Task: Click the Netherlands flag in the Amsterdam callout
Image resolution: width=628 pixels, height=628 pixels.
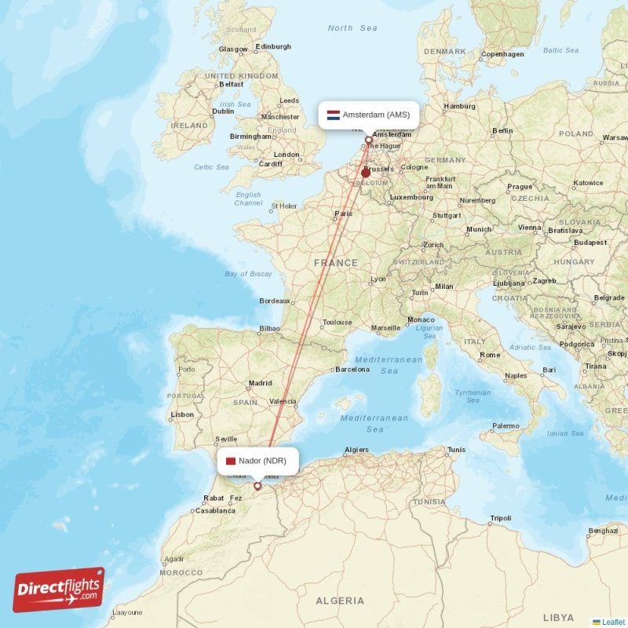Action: pos(333,115)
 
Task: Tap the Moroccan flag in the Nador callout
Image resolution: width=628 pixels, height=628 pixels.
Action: pos(231,461)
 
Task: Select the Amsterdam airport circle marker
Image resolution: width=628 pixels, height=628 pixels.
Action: pos(368,141)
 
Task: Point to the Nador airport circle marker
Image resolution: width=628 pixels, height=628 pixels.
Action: pos(257,486)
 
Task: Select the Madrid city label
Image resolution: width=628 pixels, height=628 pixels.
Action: pos(260,384)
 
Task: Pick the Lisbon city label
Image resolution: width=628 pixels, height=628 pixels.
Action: pos(182,414)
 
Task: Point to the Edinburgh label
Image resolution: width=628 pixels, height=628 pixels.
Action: pos(273,47)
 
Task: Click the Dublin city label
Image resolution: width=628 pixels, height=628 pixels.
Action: pos(223,111)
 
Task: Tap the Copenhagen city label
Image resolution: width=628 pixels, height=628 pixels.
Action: pos(502,54)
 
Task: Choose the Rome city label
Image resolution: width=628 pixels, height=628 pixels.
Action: pos(490,355)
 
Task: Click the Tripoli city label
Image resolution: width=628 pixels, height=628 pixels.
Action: pos(500,518)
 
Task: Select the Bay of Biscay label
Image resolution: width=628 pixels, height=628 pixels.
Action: pos(248,274)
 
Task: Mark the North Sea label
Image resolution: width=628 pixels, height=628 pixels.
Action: pos(352,28)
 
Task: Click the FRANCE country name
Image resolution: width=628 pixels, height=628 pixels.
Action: pos(336,263)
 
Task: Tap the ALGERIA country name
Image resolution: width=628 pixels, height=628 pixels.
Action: pos(339,601)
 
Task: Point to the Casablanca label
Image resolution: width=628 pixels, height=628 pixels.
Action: pos(215,510)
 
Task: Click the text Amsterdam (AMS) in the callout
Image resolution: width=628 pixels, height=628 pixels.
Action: pos(376,115)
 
